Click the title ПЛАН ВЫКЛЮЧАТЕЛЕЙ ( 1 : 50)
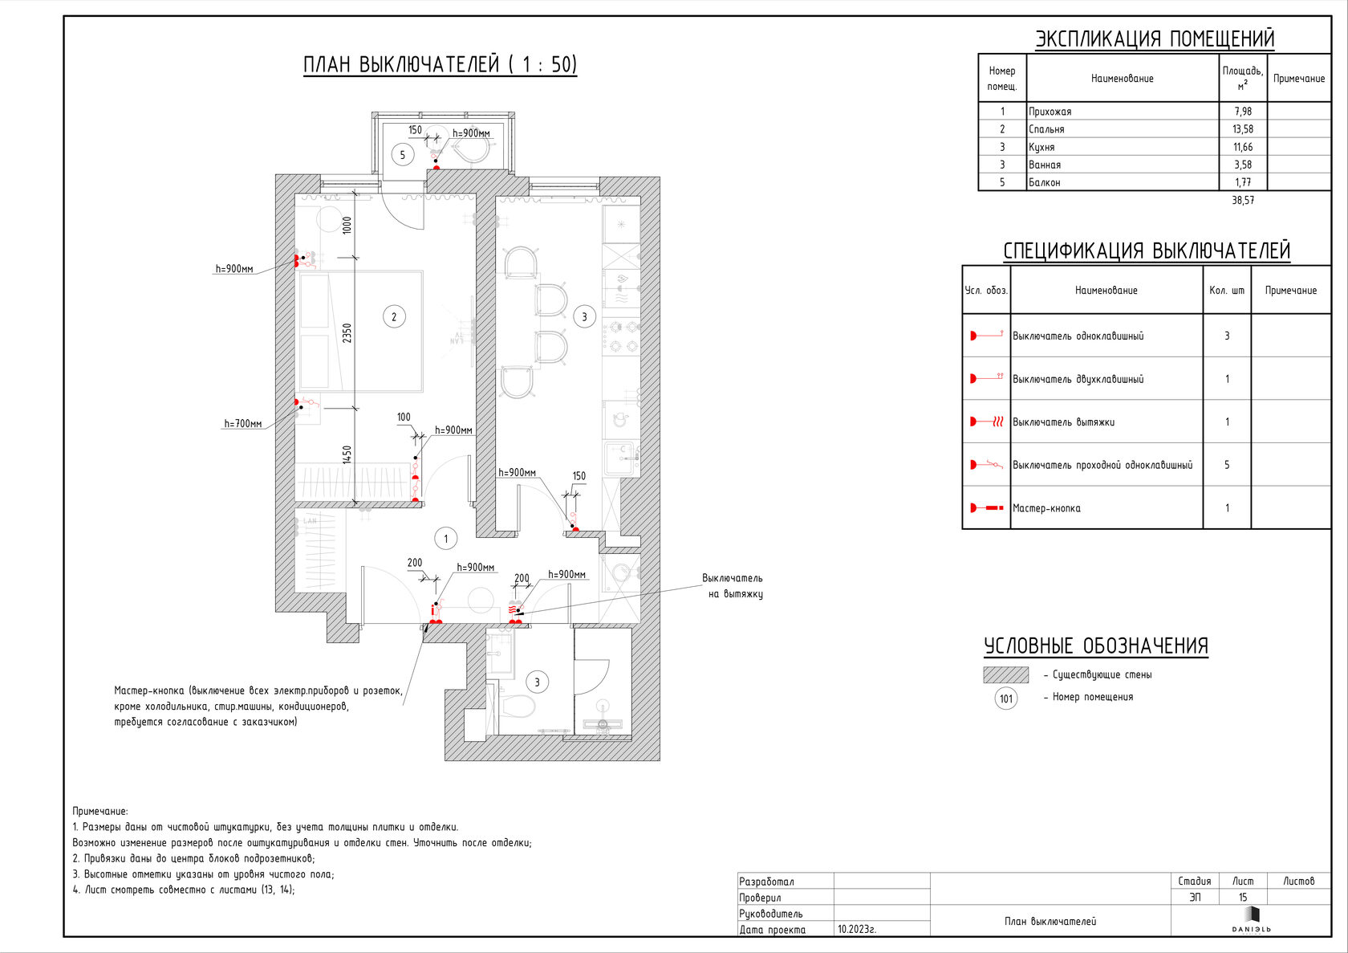pyautogui.click(x=440, y=64)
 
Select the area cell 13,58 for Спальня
pyautogui.click(x=1243, y=129)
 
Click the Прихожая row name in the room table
pyautogui.click(x=1050, y=112)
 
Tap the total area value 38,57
pyautogui.click(x=1243, y=201)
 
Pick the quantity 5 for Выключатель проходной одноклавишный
pyautogui.click(x=1226, y=465)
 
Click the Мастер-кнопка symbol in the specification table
pyautogui.click(x=986, y=508)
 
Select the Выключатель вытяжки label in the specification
pyautogui.click(x=1063, y=422)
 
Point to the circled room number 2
pyautogui.click(x=393, y=317)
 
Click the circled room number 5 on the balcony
pyautogui.click(x=403, y=155)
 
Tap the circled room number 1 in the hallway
pyautogui.click(x=446, y=539)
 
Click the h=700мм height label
pyautogui.click(x=243, y=424)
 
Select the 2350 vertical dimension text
pyautogui.click(x=347, y=333)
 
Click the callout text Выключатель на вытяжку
pyautogui.click(x=733, y=586)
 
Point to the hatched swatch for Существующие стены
pyautogui.click(x=1005, y=675)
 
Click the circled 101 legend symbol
pyautogui.click(x=1006, y=698)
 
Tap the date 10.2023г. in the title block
pyautogui.click(x=857, y=930)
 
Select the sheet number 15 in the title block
pyautogui.click(x=1243, y=898)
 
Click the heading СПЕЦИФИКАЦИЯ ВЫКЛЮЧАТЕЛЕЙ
pyautogui.click(x=1147, y=251)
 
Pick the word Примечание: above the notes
pyautogui.click(x=100, y=812)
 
